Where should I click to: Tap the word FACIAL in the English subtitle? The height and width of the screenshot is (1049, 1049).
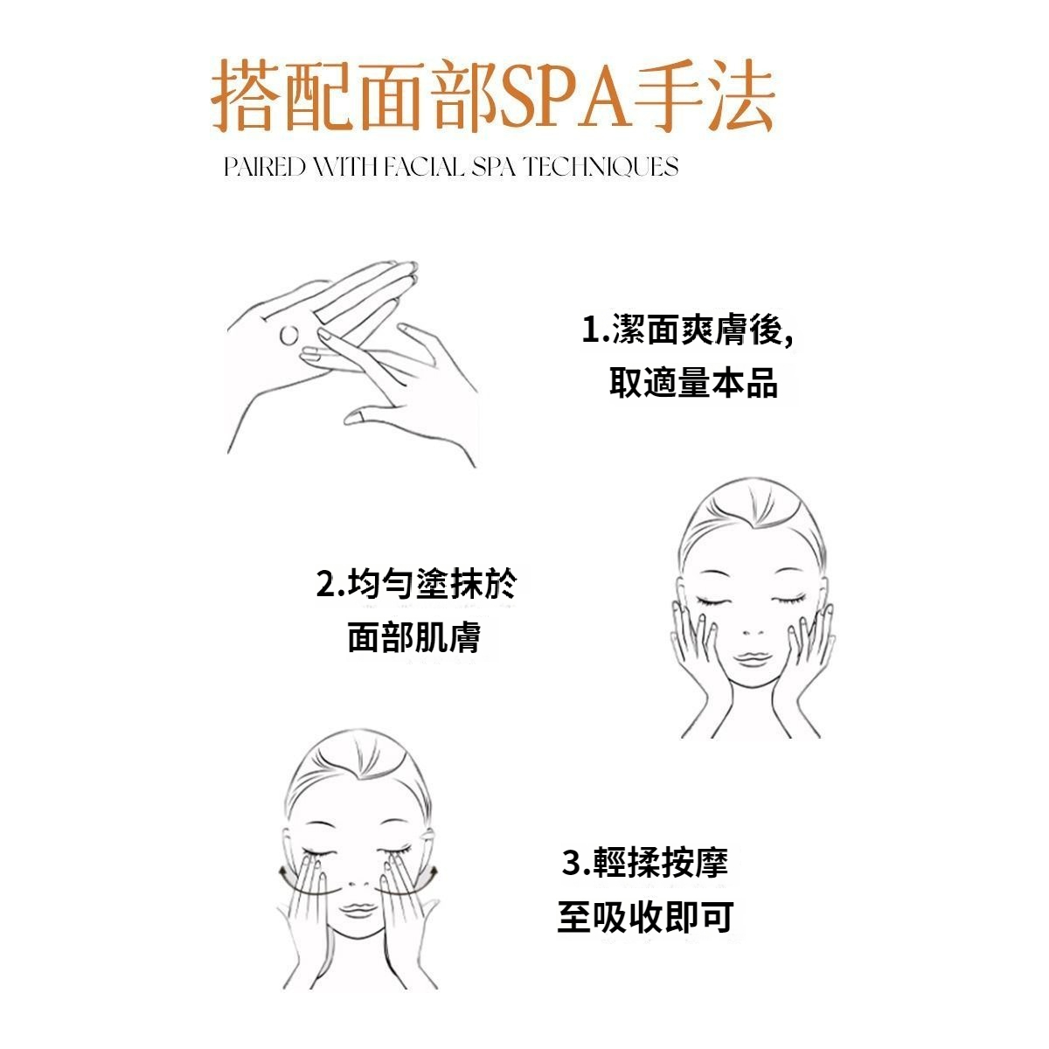425,167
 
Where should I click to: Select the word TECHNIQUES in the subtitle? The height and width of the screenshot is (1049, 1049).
601,167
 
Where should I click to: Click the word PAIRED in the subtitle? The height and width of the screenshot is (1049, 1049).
265,167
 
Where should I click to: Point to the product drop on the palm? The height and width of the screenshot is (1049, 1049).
288,335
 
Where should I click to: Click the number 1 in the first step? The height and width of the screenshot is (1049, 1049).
591,330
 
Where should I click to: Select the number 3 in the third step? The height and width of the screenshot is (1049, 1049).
571,863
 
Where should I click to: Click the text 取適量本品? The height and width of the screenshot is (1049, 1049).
693,383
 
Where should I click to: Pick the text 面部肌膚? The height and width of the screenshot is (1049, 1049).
415,637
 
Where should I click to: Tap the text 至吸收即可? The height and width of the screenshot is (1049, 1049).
646,916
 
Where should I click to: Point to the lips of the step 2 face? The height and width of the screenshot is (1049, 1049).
753,659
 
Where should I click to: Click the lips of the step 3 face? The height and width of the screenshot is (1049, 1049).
358,908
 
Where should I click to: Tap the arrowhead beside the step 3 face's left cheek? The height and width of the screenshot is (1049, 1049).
284,875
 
